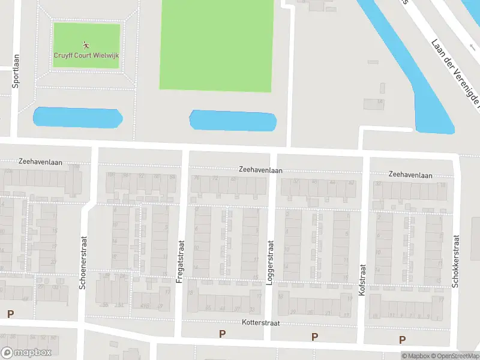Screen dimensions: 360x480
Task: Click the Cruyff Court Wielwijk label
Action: [86, 55]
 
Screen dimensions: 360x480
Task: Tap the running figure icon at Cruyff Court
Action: [86, 45]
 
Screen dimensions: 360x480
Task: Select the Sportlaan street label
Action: [16, 71]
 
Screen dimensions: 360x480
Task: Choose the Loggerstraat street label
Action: [270, 262]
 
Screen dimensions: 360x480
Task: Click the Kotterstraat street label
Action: [262, 323]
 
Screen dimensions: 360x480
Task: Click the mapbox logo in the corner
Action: [26, 353]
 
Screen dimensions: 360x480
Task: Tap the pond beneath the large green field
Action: [233, 121]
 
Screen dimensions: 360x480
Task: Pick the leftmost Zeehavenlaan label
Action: [41, 162]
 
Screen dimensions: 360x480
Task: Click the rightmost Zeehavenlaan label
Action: [410, 175]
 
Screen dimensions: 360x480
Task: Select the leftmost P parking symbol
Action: [10, 314]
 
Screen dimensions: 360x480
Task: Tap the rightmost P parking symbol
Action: [402, 340]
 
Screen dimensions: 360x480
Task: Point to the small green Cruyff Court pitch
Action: [86, 36]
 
